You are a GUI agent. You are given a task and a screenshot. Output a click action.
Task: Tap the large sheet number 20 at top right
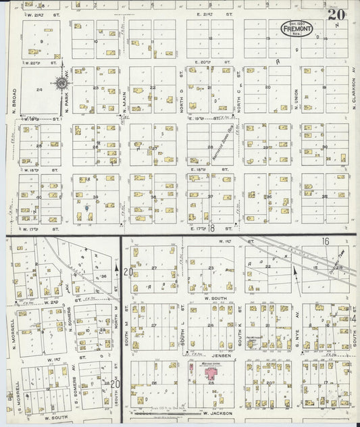point(337,14)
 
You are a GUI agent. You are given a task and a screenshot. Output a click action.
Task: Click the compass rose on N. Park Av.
point(62,83)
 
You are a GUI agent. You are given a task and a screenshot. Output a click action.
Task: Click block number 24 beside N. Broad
point(39,89)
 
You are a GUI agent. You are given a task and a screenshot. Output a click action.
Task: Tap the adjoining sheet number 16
point(325,241)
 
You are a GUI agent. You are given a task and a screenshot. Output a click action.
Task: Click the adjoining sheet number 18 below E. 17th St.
point(211,230)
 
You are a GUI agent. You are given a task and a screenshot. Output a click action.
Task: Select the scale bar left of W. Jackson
point(162,412)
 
